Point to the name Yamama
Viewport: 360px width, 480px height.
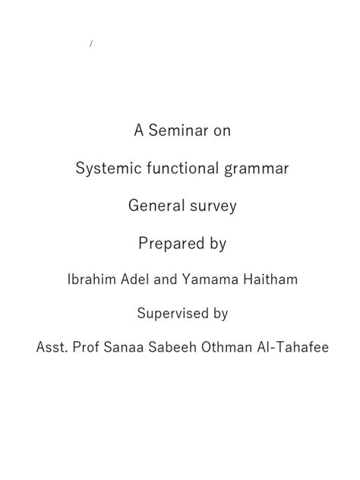tap(209, 279)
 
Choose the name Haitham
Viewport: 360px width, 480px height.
tap(268, 279)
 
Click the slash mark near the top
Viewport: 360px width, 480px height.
tap(90, 44)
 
